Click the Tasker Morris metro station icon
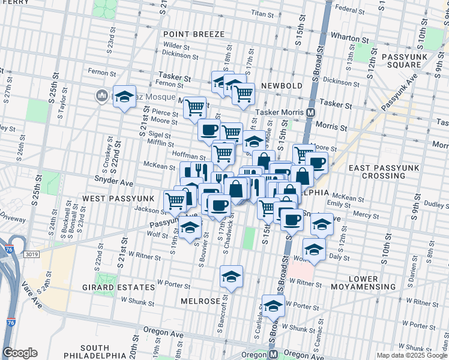click(x=311, y=112)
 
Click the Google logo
click(x=20, y=353)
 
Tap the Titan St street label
click(x=262, y=12)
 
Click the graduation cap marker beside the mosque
click(x=124, y=96)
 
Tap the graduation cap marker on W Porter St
click(x=230, y=277)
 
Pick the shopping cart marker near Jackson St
click(x=175, y=200)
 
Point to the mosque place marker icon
click(x=101, y=95)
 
